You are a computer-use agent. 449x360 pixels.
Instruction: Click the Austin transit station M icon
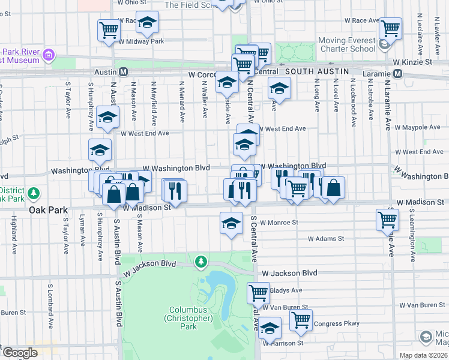[124, 71]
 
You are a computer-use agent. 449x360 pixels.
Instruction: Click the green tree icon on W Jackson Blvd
[200, 262]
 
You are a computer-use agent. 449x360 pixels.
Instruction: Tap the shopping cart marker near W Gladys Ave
[258, 293]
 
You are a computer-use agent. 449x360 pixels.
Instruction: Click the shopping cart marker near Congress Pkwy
[301, 320]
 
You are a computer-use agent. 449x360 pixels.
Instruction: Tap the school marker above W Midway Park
[146, 23]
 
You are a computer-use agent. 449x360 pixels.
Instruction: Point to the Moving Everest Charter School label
[346, 45]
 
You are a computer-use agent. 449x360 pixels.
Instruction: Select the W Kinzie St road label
[412, 62]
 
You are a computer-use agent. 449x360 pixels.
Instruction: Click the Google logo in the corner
[19, 353]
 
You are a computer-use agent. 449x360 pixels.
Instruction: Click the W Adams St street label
[325, 238]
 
